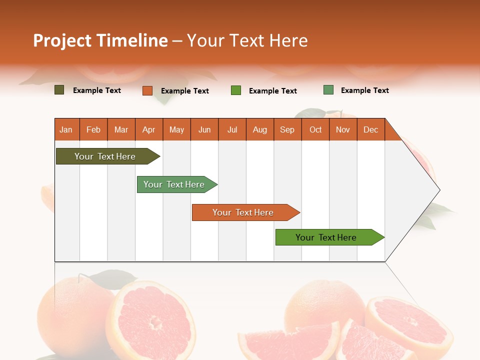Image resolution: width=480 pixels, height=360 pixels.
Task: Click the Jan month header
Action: (66, 129)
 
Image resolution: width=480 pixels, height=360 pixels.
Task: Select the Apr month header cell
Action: (149, 129)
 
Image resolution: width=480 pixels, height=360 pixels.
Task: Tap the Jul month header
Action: (232, 129)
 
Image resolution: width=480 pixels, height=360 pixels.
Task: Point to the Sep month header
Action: (287, 129)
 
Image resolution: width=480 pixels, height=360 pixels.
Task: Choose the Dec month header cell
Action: (370, 129)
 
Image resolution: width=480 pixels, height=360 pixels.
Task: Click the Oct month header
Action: (315, 129)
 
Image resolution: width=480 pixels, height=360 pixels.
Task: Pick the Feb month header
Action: (93, 129)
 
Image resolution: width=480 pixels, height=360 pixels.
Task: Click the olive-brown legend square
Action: (59, 90)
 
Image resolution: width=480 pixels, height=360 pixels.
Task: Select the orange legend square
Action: (147, 90)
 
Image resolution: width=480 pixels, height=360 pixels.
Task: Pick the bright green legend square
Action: (236, 90)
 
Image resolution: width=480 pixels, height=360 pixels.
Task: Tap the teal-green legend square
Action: (328, 90)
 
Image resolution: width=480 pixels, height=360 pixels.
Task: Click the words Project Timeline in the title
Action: (100, 40)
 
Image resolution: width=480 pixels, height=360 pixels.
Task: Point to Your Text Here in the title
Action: (247, 40)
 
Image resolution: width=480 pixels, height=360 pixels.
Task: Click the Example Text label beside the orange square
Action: (184, 91)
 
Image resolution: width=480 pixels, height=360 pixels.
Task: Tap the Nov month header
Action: (343, 129)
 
